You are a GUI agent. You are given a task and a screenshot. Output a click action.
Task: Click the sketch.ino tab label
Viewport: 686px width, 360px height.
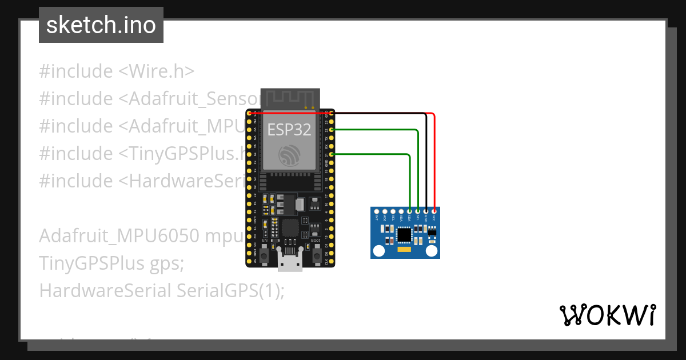pyautogui.click(x=101, y=25)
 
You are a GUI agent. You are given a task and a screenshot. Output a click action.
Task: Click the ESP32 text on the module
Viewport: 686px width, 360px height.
pyautogui.click(x=289, y=130)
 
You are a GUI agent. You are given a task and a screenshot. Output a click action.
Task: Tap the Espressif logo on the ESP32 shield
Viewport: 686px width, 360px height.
pyautogui.click(x=289, y=155)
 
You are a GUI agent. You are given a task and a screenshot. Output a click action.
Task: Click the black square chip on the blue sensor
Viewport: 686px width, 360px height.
pyautogui.click(x=405, y=234)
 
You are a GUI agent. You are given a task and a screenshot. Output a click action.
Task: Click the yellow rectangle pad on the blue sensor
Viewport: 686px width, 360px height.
pyautogui.click(x=404, y=250)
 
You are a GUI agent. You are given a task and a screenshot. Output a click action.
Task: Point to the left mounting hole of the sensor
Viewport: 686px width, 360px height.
pyautogui.click(x=378, y=250)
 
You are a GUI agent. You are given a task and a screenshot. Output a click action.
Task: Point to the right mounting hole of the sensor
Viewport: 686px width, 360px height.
pyautogui.click(x=432, y=250)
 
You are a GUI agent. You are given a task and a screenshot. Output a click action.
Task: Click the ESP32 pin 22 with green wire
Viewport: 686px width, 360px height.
pyautogui.click(x=332, y=130)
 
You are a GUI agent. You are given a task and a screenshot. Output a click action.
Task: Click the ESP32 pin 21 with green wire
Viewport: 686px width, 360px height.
pyautogui.click(x=332, y=154)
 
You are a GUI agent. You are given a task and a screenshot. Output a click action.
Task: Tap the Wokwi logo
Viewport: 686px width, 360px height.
pyautogui.click(x=607, y=315)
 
